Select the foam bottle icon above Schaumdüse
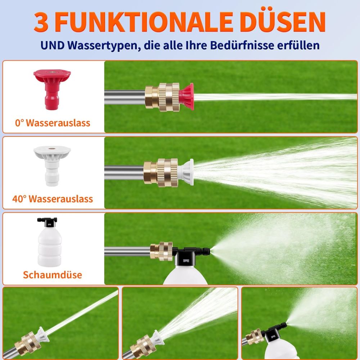tap(49, 242)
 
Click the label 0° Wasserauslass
tap(53, 123)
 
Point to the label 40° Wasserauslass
tap(53, 199)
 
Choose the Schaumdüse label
tap(53, 275)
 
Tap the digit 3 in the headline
tap(41, 22)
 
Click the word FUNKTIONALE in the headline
tap(144, 22)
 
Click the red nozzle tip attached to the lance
tap(186, 96)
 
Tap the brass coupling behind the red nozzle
tap(162, 97)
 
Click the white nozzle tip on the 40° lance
tap(185, 172)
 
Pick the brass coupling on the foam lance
tap(161, 251)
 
